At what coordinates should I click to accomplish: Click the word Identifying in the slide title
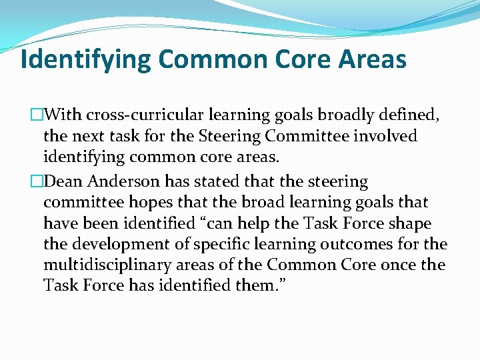[86, 60]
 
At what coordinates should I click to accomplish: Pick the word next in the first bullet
[90, 136]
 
